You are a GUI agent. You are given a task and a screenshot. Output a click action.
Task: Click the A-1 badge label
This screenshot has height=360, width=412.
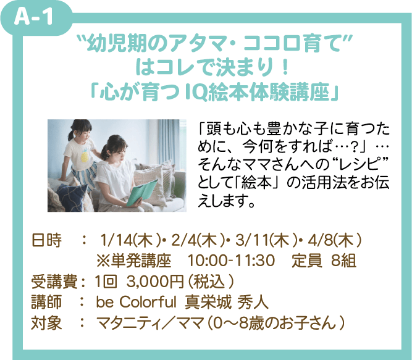33,17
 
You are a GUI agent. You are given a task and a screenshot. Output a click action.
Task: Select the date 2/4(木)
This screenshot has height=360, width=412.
198,240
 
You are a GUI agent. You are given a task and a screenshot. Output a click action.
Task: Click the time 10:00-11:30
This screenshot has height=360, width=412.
231,261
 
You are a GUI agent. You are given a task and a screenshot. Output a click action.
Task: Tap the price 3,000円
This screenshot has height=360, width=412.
155,282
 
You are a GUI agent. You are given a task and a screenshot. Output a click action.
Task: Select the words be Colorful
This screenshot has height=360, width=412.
136,302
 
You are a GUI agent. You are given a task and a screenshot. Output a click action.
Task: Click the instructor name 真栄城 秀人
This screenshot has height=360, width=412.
227,302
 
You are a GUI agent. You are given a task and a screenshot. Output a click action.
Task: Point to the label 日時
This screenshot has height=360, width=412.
46,240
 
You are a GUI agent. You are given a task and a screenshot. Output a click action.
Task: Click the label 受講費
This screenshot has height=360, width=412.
54,282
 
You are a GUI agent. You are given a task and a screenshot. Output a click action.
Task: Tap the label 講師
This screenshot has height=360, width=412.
46,302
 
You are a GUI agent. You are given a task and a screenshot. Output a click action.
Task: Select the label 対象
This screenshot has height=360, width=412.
46,323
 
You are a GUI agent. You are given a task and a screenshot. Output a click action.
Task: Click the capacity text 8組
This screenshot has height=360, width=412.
343,261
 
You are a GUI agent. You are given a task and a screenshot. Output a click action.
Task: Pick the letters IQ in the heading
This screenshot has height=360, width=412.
196,93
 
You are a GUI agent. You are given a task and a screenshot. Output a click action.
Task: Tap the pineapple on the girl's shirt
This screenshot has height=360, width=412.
85,156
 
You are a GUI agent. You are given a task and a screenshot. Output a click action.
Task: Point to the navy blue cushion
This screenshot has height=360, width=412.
72,196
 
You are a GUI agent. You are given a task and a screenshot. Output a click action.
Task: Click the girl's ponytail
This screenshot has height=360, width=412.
71,135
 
